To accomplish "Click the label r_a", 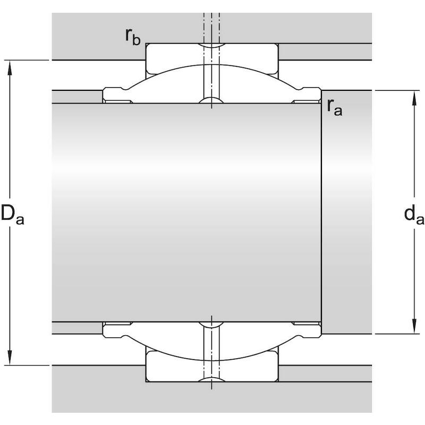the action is click(335, 107).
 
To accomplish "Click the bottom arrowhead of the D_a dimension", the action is click(10, 358).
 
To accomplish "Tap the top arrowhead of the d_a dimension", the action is click(414, 98).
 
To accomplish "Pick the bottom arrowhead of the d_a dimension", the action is click(414, 326).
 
